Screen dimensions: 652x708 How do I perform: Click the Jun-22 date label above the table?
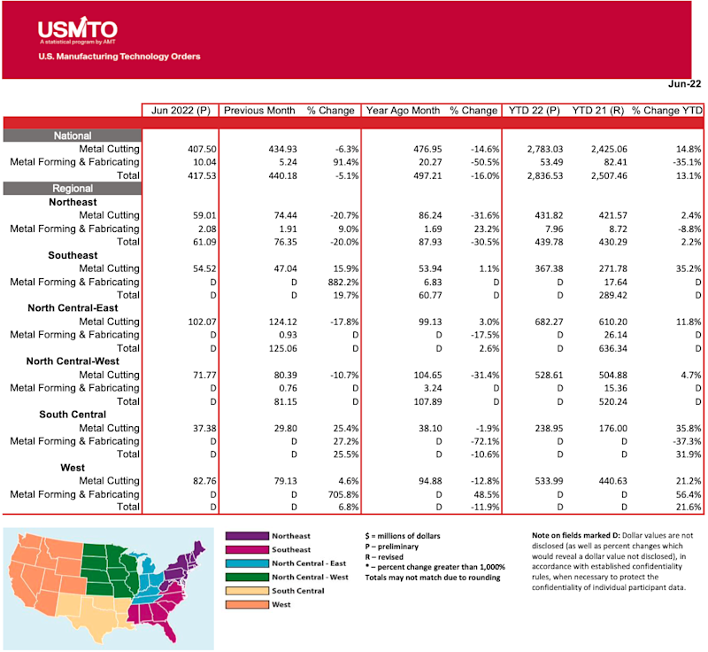[685, 84]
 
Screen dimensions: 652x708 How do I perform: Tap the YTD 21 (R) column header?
[597, 111]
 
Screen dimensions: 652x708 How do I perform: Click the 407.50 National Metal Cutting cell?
[196, 149]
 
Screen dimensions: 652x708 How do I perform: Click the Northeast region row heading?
[73, 202]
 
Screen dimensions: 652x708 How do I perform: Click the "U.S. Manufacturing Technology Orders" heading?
[119, 56]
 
